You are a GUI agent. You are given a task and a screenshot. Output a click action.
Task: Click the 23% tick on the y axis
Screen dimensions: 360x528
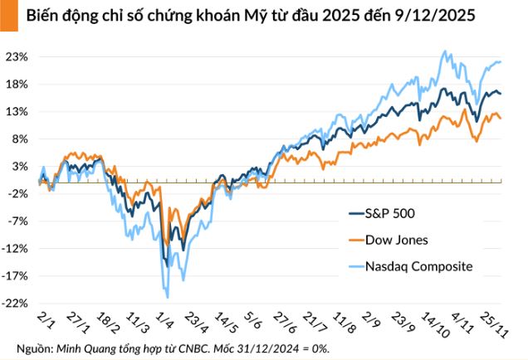[18, 57]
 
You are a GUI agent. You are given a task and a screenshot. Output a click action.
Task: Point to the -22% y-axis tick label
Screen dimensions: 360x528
[17, 304]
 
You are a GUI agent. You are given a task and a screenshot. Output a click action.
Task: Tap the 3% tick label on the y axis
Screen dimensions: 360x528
[21, 167]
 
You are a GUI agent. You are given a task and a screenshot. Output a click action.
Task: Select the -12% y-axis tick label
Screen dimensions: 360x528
[17, 249]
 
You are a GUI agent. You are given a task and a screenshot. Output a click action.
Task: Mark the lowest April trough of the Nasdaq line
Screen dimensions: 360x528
[168, 296]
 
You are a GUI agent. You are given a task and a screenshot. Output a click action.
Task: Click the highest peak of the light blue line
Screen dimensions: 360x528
[446, 51]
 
